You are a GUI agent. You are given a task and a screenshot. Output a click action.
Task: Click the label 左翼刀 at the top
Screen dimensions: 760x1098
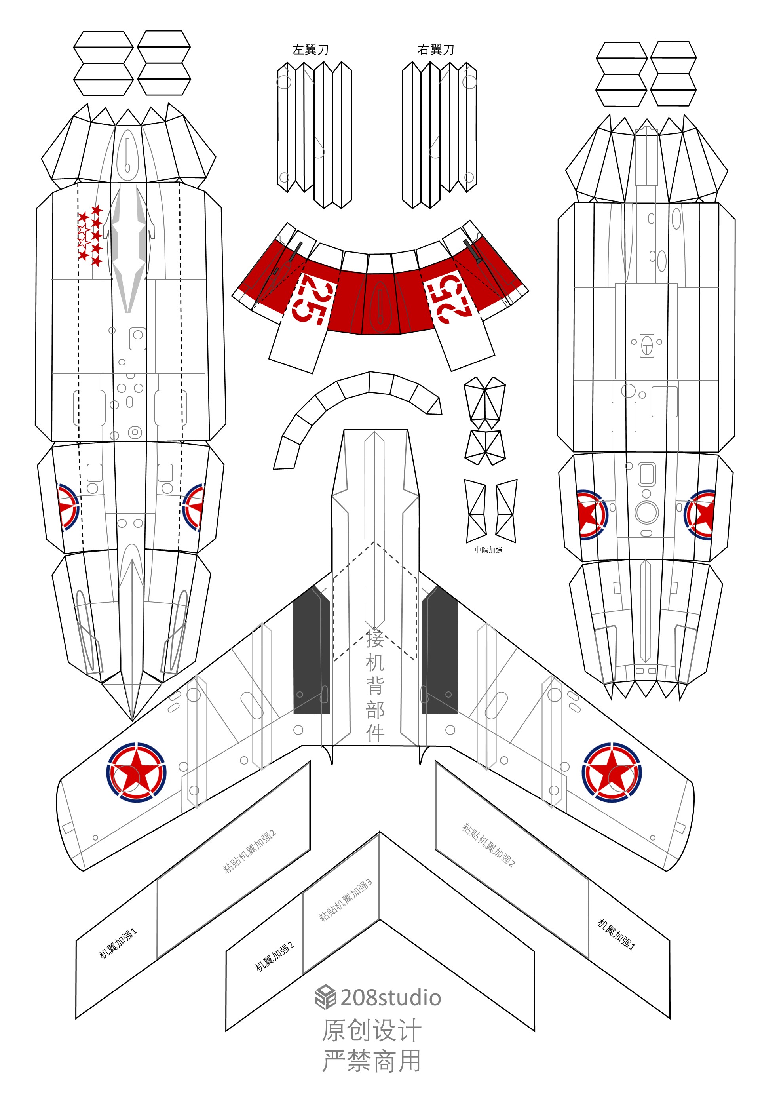[x=310, y=49]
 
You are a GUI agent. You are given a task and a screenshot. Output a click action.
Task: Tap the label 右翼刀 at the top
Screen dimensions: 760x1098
[x=436, y=49]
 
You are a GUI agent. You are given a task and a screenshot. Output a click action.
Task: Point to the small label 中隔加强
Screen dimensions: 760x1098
[x=488, y=550]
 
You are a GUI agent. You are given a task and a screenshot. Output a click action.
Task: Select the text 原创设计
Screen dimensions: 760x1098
[x=371, y=1030]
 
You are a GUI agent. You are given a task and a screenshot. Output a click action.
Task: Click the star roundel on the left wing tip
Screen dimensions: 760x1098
[x=136, y=773]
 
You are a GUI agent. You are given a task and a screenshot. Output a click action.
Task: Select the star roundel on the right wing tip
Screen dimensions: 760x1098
[x=612, y=772]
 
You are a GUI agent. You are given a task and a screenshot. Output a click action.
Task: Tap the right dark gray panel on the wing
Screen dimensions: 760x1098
[x=439, y=650]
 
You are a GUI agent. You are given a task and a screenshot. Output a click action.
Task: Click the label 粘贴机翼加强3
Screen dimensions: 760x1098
[x=345, y=901]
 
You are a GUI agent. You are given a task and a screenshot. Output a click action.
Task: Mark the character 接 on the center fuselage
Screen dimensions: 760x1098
[x=375, y=638]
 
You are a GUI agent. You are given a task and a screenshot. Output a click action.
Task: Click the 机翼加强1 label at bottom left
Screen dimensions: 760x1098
[x=118, y=943]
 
